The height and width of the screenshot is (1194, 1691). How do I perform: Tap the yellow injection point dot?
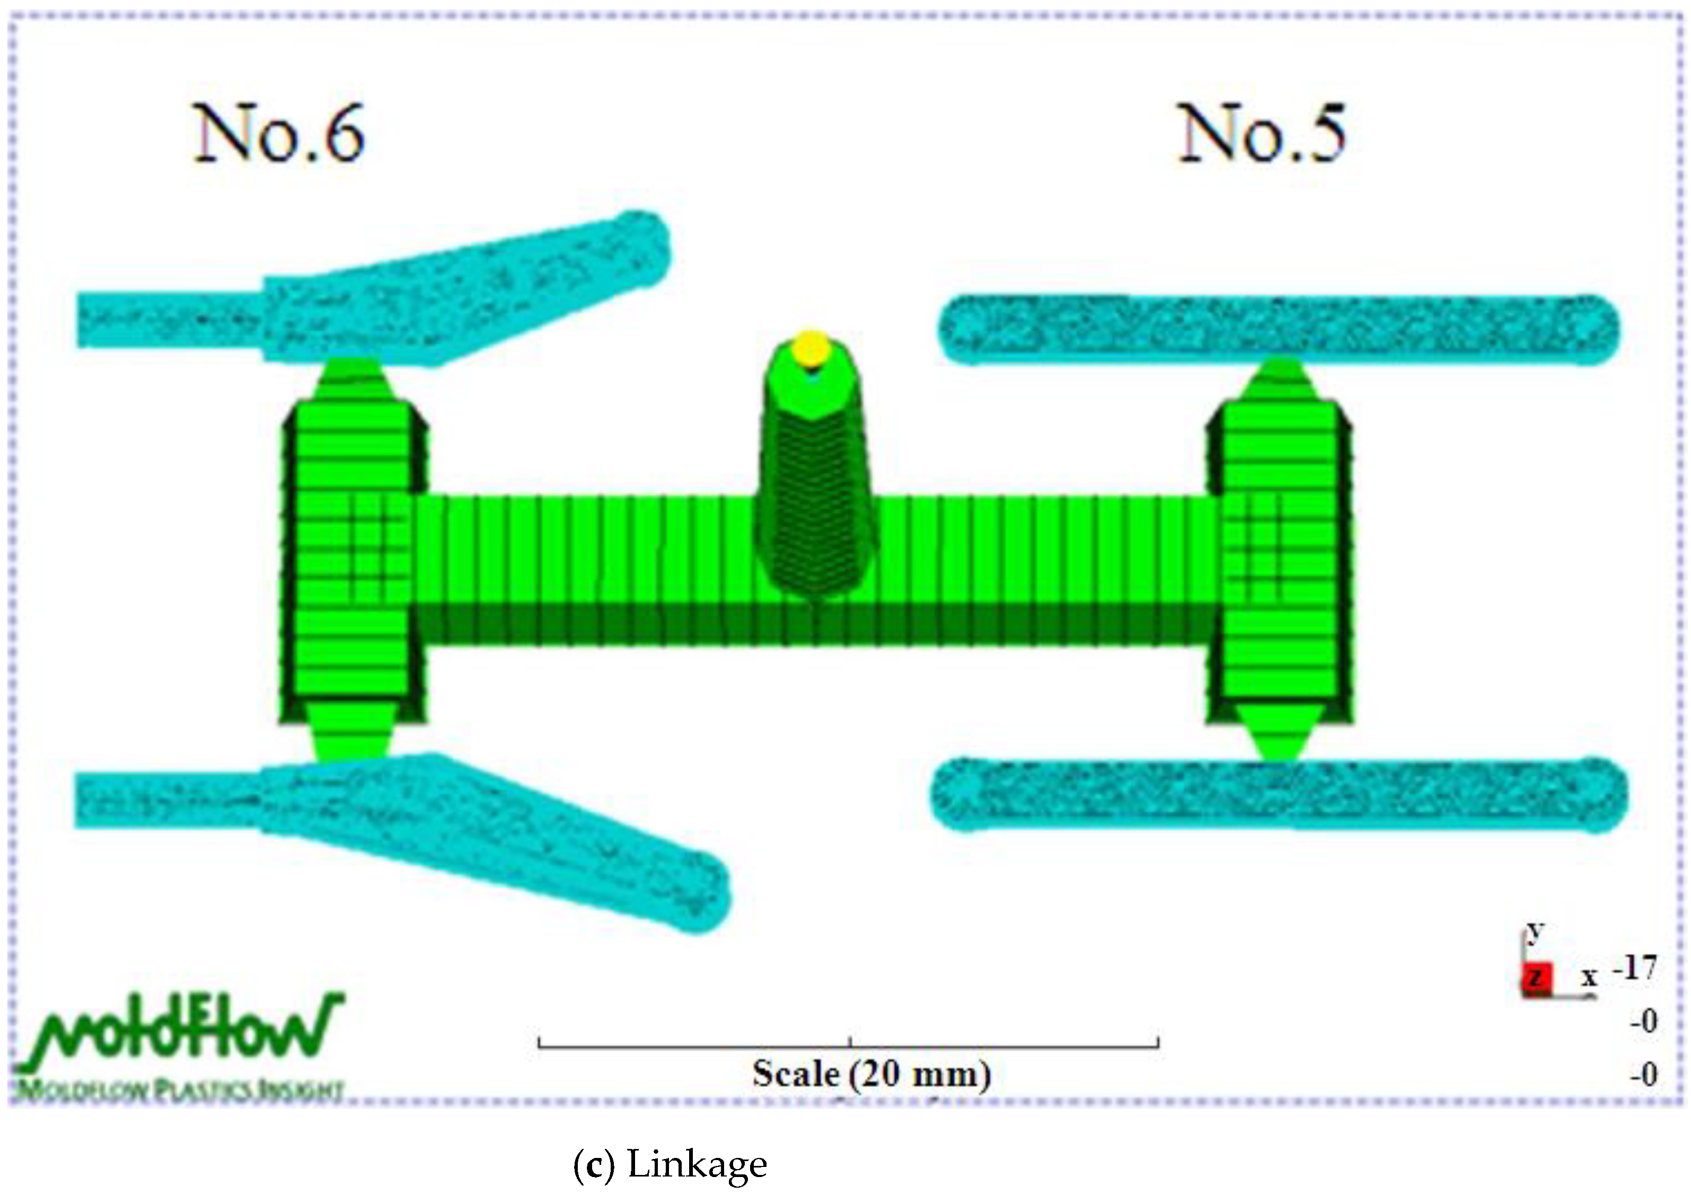[811, 348]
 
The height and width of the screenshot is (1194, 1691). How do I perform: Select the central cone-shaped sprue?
[814, 486]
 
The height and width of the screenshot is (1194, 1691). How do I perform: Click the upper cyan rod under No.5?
[1278, 329]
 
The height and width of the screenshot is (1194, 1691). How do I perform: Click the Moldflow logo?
[180, 1031]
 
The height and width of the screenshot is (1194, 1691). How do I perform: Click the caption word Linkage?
[697, 1164]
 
